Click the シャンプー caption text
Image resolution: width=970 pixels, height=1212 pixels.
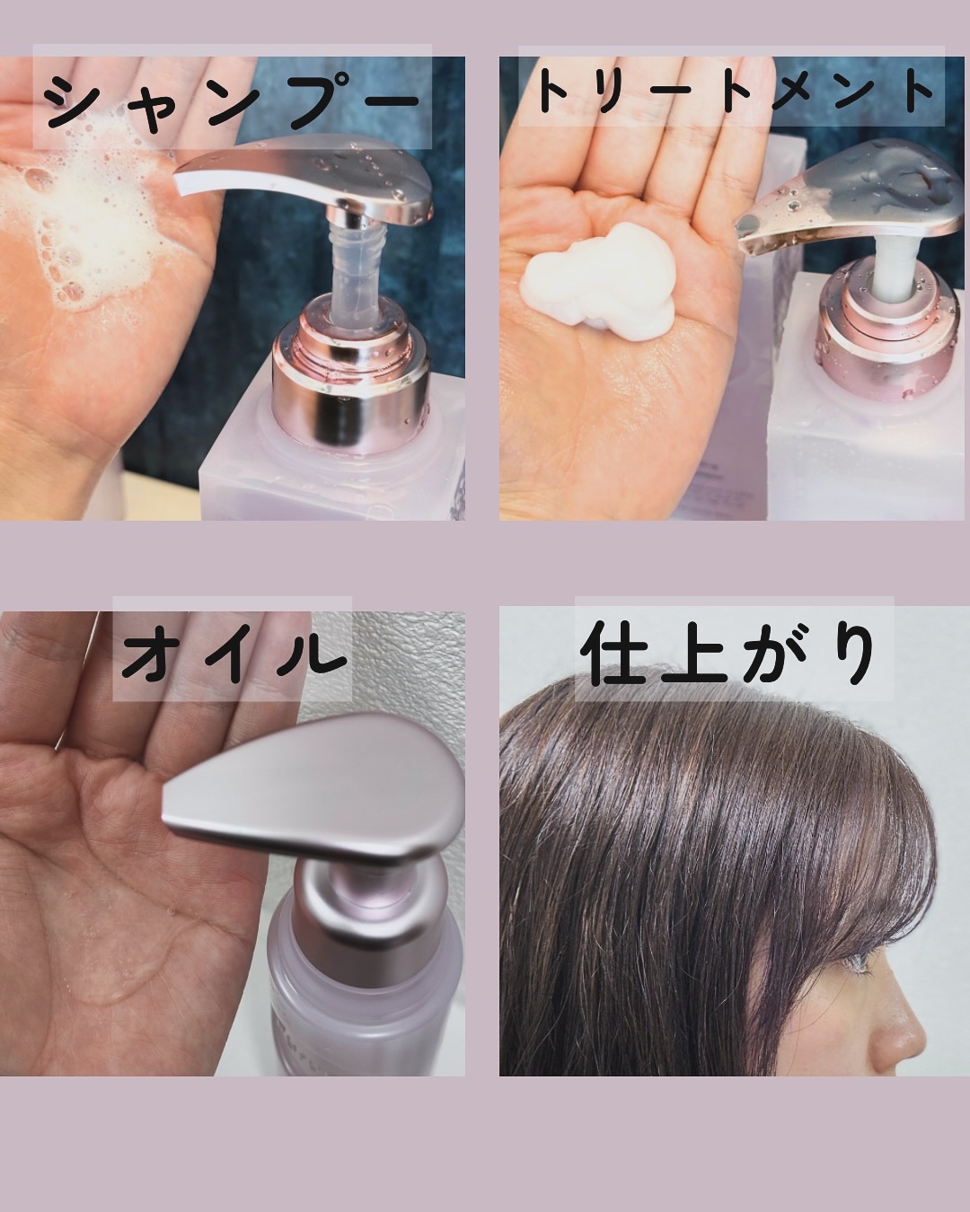click(x=232, y=99)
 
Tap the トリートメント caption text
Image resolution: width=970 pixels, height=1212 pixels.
click(x=732, y=92)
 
